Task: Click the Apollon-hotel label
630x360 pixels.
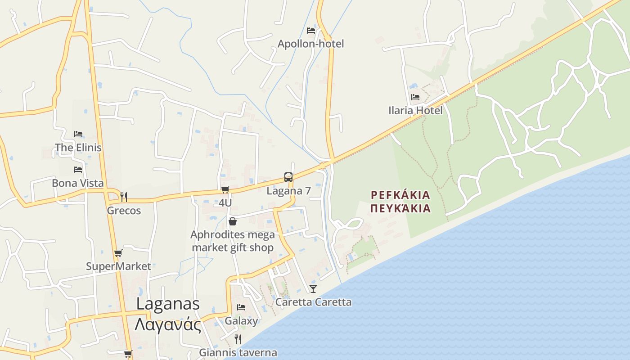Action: tap(310, 44)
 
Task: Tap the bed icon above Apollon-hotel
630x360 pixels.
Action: tap(310, 31)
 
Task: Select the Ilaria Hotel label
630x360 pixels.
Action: tap(415, 110)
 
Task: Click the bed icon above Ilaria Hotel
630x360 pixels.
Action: tap(415, 97)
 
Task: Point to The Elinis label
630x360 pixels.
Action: tap(78, 148)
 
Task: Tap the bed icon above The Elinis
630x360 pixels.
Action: tap(78, 134)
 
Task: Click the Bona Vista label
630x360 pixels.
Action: tap(78, 183)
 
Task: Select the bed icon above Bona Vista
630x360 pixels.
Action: tap(78, 170)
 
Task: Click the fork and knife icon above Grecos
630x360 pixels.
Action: tap(124, 197)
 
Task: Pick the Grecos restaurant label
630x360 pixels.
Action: tap(124, 211)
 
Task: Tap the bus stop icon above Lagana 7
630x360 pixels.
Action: tap(288, 177)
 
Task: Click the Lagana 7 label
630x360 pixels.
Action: tap(288, 191)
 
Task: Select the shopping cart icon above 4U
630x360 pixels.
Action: tap(225, 190)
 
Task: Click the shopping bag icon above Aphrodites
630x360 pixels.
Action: tap(233, 221)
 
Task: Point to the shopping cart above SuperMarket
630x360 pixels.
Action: tap(118, 253)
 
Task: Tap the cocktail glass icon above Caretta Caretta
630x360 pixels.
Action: tap(313, 288)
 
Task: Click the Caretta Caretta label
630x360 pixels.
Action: tap(313, 302)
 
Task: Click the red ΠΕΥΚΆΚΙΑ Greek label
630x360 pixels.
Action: tap(400, 209)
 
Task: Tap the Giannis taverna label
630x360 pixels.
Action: tap(238, 353)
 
